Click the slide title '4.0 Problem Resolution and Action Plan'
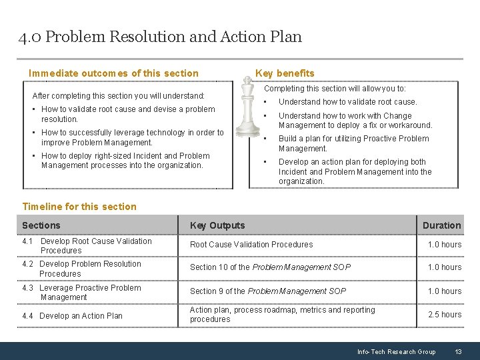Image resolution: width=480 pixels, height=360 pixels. tap(160, 37)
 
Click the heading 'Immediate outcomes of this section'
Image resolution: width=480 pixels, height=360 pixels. tap(113, 73)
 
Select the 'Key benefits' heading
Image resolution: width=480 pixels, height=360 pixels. tap(285, 73)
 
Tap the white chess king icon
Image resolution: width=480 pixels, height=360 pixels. tap(247, 107)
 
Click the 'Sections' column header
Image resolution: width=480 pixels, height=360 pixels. tap(41, 225)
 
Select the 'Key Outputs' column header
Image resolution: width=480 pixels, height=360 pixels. tap(217, 225)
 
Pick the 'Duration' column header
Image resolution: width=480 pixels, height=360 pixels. tap(441, 225)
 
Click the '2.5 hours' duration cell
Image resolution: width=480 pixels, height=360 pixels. tap(444, 315)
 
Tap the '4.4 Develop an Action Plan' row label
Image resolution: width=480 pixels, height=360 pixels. tap(72, 316)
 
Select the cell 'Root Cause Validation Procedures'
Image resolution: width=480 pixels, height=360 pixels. tap(251, 245)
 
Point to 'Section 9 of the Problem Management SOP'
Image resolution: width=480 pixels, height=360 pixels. tap(268, 291)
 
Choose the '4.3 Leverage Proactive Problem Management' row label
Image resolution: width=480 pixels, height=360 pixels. tap(81, 293)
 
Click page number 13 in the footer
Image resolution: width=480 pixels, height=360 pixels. tap(458, 351)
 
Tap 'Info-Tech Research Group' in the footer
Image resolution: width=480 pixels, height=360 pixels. tap(396, 351)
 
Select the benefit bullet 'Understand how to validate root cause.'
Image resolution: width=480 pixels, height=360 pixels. tap(347, 102)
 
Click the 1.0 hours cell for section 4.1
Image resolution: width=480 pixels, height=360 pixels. tap(444, 245)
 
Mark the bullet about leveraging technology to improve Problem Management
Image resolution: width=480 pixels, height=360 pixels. tap(132, 137)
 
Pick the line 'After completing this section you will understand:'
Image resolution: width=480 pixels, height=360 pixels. tap(119, 96)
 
